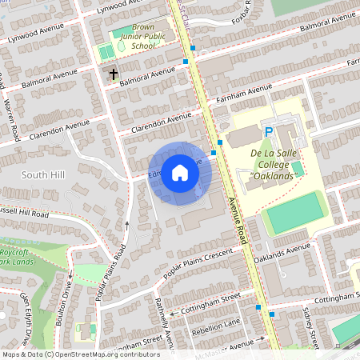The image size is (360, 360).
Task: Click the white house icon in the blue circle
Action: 180,173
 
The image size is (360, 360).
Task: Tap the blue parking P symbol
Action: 270,132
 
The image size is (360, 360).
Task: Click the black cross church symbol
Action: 114,74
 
